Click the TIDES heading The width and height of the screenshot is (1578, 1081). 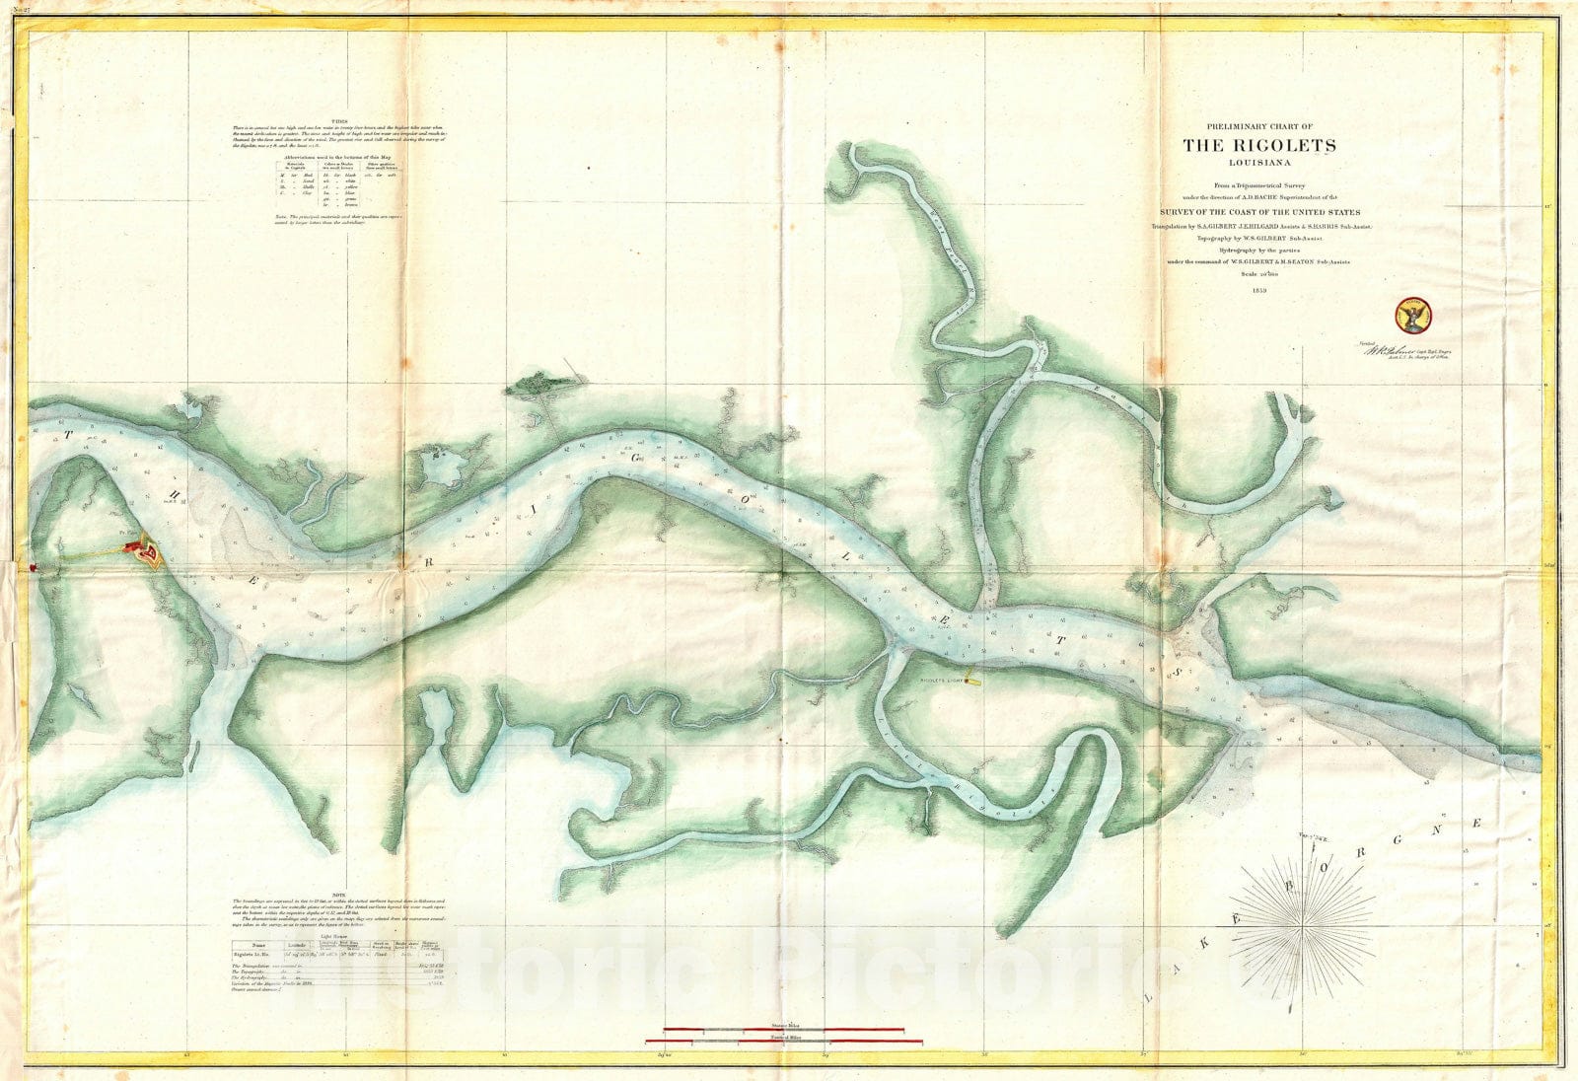(x=338, y=119)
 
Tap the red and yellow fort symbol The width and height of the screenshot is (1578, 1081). (x=148, y=552)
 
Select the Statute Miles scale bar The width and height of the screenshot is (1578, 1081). (x=786, y=1030)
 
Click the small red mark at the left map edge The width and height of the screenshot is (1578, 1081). (x=33, y=567)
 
